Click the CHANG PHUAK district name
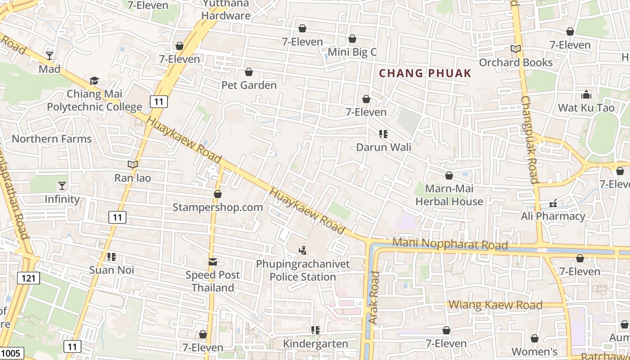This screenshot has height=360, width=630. click(x=425, y=73)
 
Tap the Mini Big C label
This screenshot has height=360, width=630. click(x=352, y=52)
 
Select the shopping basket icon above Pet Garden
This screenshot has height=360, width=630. click(x=249, y=72)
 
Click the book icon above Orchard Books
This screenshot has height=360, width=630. click(x=516, y=49)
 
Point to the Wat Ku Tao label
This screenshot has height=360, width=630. click(x=586, y=108)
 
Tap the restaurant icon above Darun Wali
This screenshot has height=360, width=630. click(x=383, y=134)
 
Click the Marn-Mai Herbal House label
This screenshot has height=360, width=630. click(x=449, y=195)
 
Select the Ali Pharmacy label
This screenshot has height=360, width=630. click(x=553, y=216)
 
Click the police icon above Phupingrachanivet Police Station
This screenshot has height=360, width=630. click(x=303, y=250)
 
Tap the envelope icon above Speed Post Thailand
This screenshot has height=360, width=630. click(x=213, y=262)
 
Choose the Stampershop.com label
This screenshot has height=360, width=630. click(x=218, y=207)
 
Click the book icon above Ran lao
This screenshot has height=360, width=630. click(x=132, y=165)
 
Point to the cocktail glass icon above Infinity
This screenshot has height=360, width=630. click(x=62, y=186)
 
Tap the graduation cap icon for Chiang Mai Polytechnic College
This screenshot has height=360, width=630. click(x=94, y=81)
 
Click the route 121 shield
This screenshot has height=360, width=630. click(x=28, y=278)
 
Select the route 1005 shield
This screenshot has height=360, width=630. click(x=11, y=353)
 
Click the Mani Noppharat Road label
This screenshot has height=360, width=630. click(x=450, y=244)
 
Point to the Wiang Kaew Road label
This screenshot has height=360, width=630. click(x=495, y=305)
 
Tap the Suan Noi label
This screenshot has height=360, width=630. click(x=112, y=270)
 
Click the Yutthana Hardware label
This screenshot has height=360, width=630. click(x=226, y=10)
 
